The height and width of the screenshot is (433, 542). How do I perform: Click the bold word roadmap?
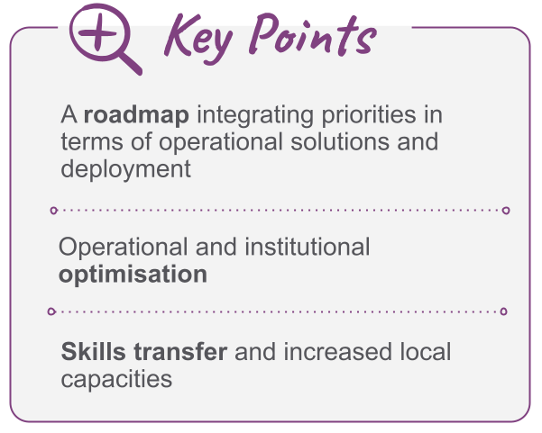[x=136, y=114]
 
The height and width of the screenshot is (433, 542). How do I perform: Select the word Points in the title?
[x=312, y=34]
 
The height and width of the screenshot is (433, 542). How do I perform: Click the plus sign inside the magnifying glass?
[x=97, y=33]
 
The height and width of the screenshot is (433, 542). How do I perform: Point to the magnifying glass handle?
[x=131, y=63]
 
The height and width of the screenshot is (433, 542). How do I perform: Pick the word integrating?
[x=254, y=116]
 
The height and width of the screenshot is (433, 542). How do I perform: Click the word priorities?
[x=369, y=116]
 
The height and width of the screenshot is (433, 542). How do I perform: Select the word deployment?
[x=126, y=170]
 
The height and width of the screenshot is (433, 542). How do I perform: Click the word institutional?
[x=308, y=247]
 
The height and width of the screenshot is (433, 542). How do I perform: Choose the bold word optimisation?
[x=133, y=275]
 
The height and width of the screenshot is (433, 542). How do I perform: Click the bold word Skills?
[x=93, y=352]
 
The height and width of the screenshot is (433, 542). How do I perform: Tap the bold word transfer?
[x=180, y=352]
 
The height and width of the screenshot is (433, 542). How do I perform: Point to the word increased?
[x=337, y=352]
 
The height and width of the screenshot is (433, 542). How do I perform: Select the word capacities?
[x=116, y=380]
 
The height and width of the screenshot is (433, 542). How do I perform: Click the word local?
[x=425, y=352]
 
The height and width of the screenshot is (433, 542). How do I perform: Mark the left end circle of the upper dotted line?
[x=53, y=210]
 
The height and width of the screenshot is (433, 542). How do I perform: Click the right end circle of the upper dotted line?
[x=506, y=210]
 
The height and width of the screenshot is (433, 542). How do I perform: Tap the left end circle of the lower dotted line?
[x=51, y=311]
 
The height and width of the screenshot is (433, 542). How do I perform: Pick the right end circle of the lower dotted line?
[x=503, y=311]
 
